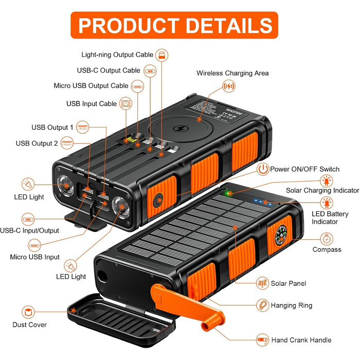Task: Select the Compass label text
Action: click(x=327, y=249)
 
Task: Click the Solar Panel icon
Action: click(x=263, y=283)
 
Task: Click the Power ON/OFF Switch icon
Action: click(x=263, y=169)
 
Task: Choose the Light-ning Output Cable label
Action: click(x=117, y=54)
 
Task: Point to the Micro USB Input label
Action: click(x=35, y=257)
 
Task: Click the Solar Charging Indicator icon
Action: click(x=326, y=180)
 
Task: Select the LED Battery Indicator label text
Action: click(x=325, y=218)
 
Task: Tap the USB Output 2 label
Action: click(x=37, y=143)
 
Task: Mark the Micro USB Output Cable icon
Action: click(x=137, y=85)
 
